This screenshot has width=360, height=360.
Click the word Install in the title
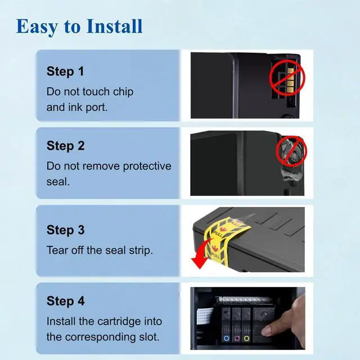pyautogui.click(x=115, y=26)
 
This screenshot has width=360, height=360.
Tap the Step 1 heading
pyautogui.click(x=65, y=71)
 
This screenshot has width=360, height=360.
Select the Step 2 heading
pyautogui.click(x=66, y=146)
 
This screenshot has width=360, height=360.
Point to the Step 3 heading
pyautogui.click(x=66, y=230)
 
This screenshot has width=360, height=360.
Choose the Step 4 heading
pyautogui.click(x=66, y=301)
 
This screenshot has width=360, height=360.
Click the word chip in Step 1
pyautogui.click(x=123, y=92)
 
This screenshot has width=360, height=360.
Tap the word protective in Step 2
pyautogui.click(x=147, y=166)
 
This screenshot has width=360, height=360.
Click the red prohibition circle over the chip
pyautogui.click(x=287, y=78)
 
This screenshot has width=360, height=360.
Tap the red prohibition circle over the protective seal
pyautogui.click(x=291, y=151)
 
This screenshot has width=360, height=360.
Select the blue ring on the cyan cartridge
pyautogui.click(x=226, y=339)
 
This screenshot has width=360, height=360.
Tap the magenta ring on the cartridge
pyautogui.click(x=237, y=339)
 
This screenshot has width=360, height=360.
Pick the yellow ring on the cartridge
pyautogui.click(x=246, y=339)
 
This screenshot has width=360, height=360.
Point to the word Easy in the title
pyautogui.click(x=37, y=27)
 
